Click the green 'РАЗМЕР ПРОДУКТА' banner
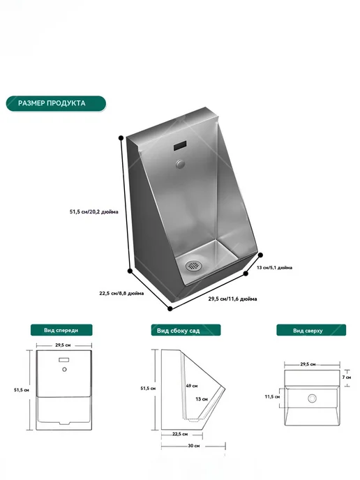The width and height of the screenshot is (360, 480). coord(56,103)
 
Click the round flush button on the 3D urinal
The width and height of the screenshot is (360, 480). coord(181,165)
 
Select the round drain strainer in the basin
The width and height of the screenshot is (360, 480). coord(193,265)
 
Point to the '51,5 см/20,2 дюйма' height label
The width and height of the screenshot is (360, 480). coord(94,211)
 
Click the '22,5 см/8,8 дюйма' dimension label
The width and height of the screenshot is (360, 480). coord(121,293)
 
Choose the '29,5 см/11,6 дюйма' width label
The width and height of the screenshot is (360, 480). coord(232,299)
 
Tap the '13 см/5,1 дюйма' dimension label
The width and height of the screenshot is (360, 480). coord(274,267)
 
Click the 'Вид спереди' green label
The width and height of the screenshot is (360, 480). coord(61,330)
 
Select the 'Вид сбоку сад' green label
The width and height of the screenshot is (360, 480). coord(186,330)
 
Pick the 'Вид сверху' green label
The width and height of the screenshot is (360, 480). coord(311,330)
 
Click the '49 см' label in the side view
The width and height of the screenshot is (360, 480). coord(192,386)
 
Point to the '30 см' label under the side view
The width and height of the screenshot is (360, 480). coord(193,446)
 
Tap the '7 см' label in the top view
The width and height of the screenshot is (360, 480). coord(347,377)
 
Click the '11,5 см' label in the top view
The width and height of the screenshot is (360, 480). coord(272,397)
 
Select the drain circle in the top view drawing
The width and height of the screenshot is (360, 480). coord(313,398)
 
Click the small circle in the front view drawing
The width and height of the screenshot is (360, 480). coord(64,370)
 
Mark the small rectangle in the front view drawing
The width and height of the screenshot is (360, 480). coord(64,360)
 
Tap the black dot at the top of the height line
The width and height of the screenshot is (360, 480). coord(121,137)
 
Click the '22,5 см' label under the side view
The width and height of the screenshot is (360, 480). coord(180,434)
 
